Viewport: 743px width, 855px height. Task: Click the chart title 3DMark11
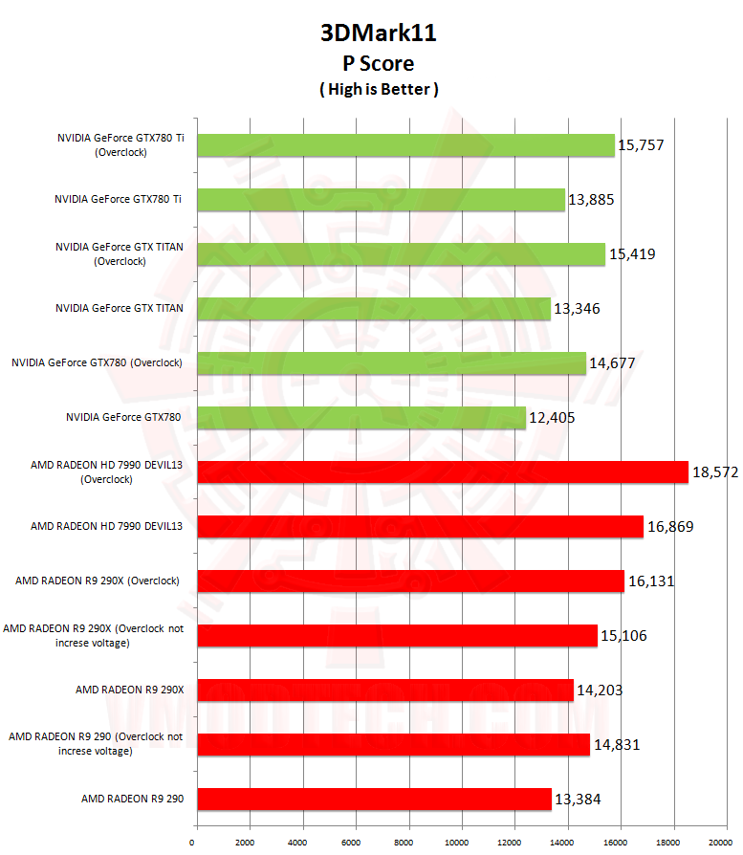378,34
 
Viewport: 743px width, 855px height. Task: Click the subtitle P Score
378,63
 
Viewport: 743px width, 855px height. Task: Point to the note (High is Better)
378,89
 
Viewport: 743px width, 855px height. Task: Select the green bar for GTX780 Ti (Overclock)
405,145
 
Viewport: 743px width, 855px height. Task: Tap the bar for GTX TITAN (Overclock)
401,253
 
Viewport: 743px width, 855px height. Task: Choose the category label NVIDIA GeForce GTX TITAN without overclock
120,308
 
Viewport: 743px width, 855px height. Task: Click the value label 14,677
612,363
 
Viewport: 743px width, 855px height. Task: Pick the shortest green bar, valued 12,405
361,417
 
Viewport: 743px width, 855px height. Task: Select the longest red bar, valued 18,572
442,472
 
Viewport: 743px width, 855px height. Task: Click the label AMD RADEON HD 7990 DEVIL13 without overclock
106,526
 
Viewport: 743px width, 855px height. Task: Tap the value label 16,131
651,581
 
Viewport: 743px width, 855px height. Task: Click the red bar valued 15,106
397,635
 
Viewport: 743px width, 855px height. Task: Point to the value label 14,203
600,690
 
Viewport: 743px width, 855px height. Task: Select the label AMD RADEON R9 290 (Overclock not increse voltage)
95,744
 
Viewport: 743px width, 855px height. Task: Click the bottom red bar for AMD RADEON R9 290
374,799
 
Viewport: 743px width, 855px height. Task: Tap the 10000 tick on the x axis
461,843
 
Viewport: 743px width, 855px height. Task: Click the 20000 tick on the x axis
726,843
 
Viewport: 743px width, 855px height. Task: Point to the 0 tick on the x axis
193,843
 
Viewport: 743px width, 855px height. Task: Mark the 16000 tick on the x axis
620,843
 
